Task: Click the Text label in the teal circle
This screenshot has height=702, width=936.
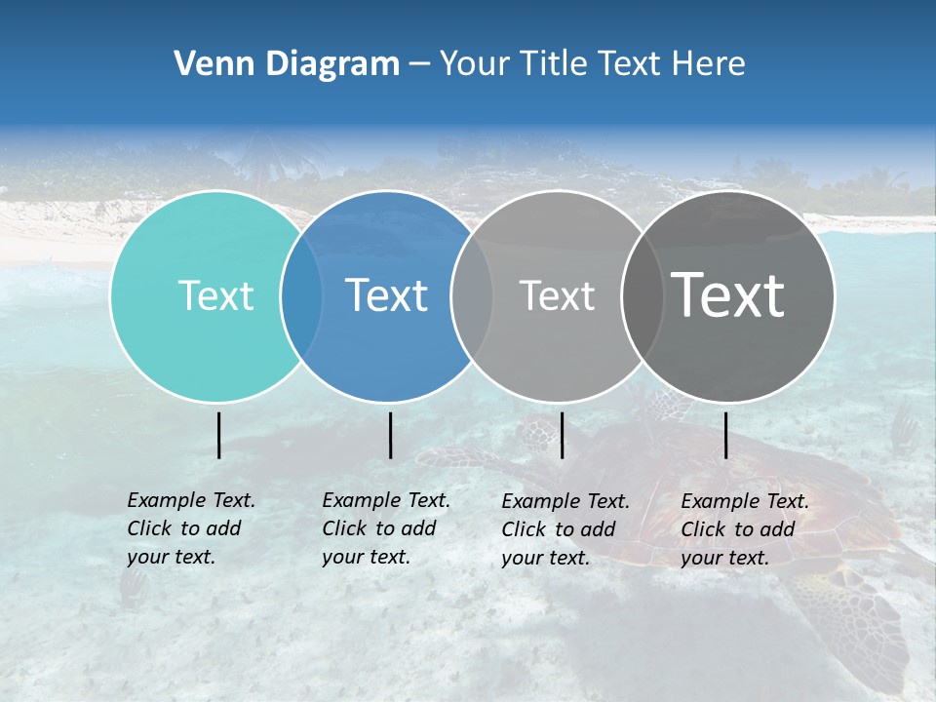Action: pos(215,295)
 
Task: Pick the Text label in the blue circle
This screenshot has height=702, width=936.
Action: pos(386,295)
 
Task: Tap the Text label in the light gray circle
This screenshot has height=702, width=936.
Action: pos(557,295)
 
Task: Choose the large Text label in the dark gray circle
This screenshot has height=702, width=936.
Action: pos(727,295)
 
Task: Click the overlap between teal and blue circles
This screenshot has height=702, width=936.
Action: pos(301,295)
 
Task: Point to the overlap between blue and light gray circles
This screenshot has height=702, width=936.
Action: pos(472,295)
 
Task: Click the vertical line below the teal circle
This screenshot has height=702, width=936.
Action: pos(219,435)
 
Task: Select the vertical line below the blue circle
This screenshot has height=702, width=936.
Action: pos(390,435)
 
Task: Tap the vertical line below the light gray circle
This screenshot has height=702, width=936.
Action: pos(562,435)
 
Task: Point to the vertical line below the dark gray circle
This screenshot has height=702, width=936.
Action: pos(726,435)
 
